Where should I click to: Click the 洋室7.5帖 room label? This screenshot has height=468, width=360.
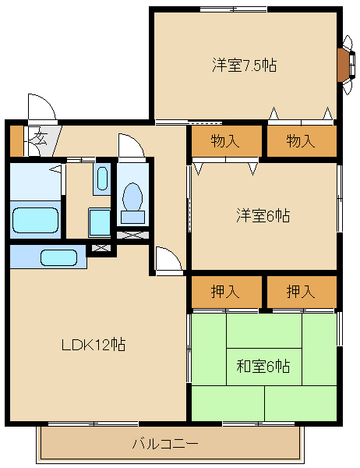click(x=244, y=66)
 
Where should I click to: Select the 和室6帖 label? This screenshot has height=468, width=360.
click(x=263, y=365)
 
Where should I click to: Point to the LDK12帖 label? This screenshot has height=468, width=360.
click(x=94, y=343)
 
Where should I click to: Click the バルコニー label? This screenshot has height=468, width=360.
click(x=164, y=445)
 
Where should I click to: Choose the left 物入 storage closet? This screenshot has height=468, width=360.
click(x=226, y=141)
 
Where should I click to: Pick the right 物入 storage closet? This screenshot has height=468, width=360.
click(x=300, y=141)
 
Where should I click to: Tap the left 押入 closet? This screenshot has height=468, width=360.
click(x=226, y=292)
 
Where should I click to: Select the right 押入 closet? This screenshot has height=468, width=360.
click(x=300, y=292)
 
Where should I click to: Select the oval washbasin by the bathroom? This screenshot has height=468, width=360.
click(x=102, y=179)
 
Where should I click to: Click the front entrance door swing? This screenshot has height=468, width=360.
click(x=41, y=109)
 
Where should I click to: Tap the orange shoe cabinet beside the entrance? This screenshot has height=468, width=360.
click(x=16, y=140)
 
